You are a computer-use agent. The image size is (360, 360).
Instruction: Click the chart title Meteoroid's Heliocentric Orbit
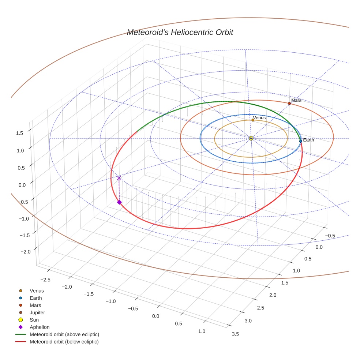180,33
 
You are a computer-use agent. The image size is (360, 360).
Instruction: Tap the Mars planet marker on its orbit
289,104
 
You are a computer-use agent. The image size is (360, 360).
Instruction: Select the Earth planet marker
300,141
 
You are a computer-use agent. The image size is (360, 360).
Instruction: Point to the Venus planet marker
253,120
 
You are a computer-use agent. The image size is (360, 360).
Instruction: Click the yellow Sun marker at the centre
251,138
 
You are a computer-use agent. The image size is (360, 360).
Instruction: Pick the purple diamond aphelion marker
119,202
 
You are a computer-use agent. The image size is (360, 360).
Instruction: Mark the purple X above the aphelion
119,178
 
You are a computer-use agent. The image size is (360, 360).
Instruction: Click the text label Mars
296,100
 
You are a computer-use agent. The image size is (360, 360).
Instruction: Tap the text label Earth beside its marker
308,140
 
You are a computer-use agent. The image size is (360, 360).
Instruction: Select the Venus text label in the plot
259,118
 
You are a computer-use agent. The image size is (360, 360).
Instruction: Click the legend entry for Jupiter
37,313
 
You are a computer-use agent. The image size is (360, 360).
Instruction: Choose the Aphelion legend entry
40,327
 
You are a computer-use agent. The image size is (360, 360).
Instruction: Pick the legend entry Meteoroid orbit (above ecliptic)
64,335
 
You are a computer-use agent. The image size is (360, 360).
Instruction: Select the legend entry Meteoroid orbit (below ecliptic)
64,342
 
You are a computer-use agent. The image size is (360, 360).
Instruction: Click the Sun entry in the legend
34,320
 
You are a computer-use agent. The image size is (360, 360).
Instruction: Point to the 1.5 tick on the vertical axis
19,133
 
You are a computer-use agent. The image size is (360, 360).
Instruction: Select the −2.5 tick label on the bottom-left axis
45,280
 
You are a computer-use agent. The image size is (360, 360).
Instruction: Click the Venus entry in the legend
37,291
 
